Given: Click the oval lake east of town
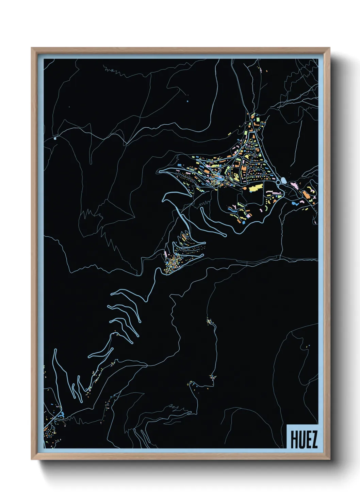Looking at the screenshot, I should point(283,180).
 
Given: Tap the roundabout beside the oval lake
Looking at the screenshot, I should point(278,183).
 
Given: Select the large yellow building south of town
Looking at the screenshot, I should point(256,188).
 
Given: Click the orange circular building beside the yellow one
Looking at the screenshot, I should point(244,187).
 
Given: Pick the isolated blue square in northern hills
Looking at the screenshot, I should point(187,101).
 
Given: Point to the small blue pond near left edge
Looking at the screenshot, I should point(55,139).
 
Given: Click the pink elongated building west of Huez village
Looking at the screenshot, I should point(165,254).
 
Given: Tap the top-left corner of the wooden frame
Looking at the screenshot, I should point(32,48).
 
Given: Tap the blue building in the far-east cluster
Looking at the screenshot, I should point(294,203).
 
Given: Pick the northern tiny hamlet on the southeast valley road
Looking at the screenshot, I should point(209,321).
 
